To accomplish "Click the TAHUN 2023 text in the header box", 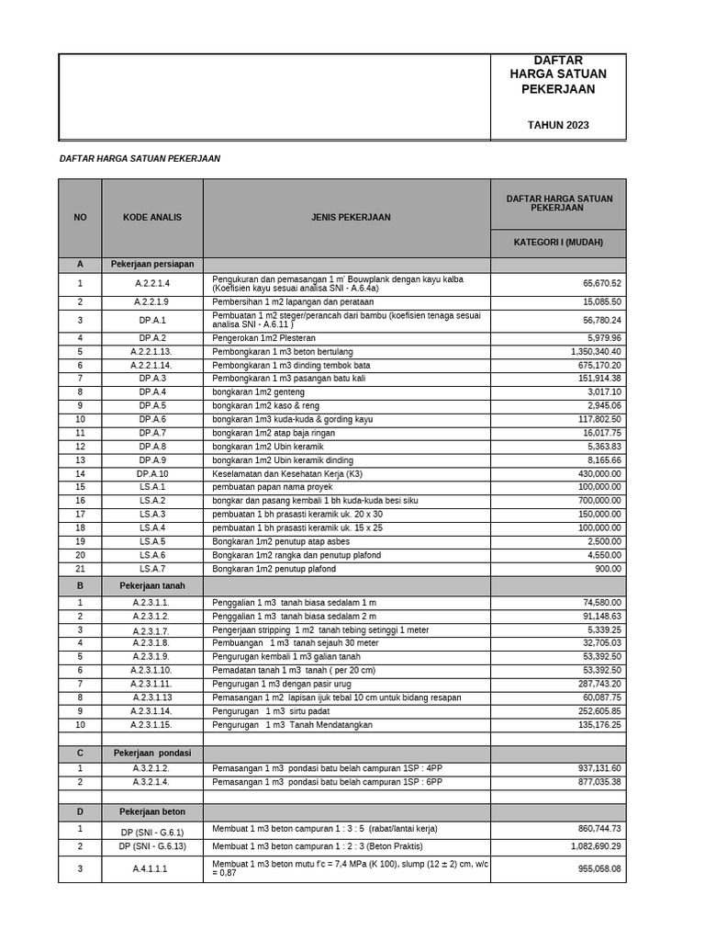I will point(558,125).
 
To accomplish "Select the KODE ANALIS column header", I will point(152,218).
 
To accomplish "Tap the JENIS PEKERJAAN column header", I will point(346,218).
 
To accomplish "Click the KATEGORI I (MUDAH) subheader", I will point(558,244).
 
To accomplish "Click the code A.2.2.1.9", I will point(151,301).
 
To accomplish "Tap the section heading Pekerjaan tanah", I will point(151,585).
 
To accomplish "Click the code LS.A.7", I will point(151,569).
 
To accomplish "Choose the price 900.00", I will point(607,569).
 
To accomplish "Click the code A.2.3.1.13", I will point(151,697).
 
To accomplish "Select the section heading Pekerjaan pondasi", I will point(152,753).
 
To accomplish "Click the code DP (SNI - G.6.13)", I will point(151,846).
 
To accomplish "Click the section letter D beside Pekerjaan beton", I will point(80,811).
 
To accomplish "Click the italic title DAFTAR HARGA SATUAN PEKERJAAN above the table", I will point(140,158).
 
